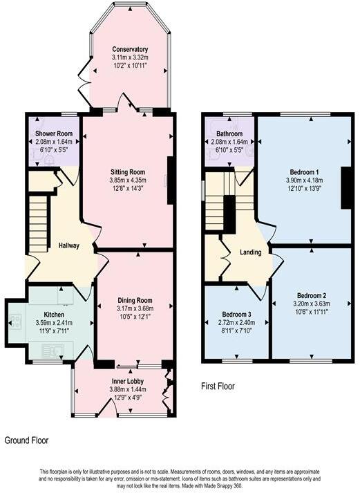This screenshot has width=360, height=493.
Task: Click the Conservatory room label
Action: coord(130,50)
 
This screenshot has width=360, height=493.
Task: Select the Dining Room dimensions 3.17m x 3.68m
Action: coord(134,308)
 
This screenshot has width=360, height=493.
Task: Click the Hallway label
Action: coord(69,245)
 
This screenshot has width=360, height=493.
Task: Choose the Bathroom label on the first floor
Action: coord(229,133)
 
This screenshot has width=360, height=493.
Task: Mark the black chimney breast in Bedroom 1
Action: coord(345,187)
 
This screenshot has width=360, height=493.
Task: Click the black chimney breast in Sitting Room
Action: coord(170,180)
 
